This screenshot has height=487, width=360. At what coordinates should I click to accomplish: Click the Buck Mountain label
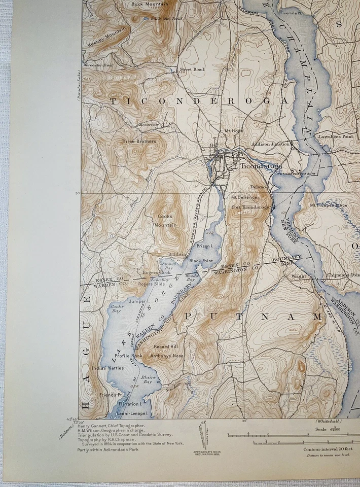tap(143, 4)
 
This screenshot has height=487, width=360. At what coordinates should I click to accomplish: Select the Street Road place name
tap(192, 69)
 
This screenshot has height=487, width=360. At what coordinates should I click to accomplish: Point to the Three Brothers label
tap(138, 141)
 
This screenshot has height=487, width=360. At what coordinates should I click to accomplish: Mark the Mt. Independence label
tap(328, 205)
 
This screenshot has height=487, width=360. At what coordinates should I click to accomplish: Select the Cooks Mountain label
tap(166, 220)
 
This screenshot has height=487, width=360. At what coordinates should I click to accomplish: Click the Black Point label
tap(200, 261)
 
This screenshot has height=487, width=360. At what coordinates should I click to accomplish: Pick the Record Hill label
tap(165, 346)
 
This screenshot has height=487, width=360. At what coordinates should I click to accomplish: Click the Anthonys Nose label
tap(166, 356)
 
